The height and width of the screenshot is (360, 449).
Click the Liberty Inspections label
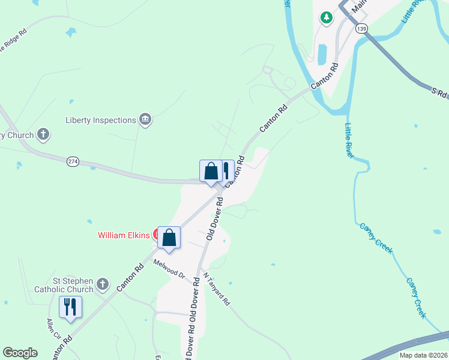coord(101,120)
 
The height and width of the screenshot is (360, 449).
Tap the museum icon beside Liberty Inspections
coord(145,120)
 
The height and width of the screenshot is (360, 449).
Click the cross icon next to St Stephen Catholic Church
coord(103,284)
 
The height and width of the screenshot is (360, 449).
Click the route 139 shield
coord(361,28)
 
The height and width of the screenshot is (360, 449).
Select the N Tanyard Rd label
coord(217,290)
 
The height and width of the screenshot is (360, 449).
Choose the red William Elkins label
coord(124,235)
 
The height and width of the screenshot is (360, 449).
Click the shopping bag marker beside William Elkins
coord(169,237)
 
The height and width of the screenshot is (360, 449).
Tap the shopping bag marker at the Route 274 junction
coord(211,172)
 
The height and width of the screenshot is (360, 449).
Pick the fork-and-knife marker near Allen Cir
coord(70,307)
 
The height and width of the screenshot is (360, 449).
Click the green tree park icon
coord(327,17)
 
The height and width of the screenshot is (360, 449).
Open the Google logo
coord(20,353)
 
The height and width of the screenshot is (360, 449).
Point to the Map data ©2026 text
coord(423,355)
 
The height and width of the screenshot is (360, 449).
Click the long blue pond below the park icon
coord(323,55)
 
